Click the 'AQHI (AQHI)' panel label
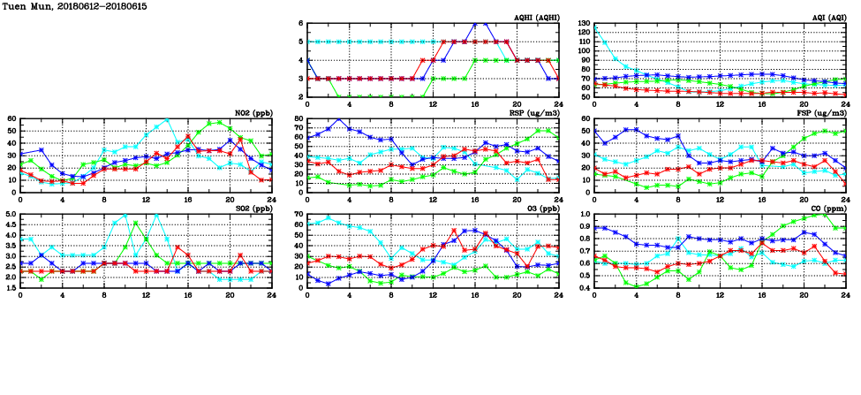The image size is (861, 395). coord(536,18)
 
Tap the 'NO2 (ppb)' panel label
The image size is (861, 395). coord(254,113)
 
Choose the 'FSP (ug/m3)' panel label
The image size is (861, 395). coord(826,113)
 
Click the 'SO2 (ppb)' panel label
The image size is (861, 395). coord(254,209)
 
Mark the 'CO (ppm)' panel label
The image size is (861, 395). coord(828,209)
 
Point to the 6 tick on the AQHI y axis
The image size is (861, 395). coord(301,23)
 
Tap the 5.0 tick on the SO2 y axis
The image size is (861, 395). coord(10,214)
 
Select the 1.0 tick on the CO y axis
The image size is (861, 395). coord(585,214)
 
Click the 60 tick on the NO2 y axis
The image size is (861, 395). coord(11,118)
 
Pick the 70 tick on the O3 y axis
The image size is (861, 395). coord(298,214)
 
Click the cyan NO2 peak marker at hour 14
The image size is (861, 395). coord(167,120)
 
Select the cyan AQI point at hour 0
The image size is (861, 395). coord(594,27)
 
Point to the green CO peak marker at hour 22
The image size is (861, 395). coord(825,214)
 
